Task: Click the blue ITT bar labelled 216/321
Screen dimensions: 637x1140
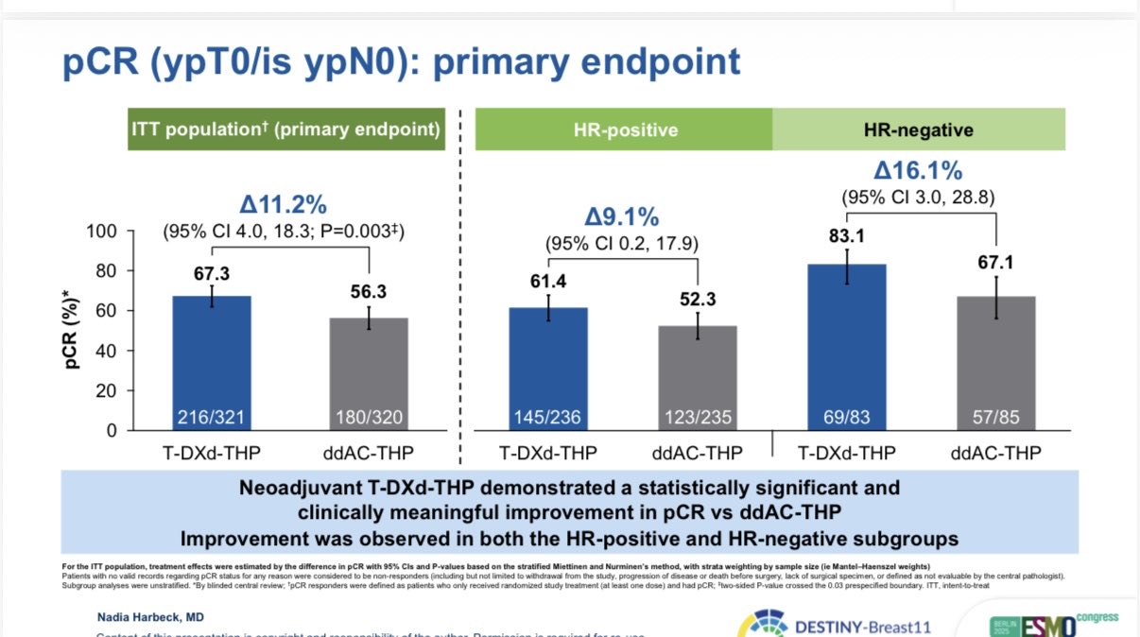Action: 212,363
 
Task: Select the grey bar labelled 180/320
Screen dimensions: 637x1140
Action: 369,373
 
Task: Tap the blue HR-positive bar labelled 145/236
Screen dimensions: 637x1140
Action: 548,369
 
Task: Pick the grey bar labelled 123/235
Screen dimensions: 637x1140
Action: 698,378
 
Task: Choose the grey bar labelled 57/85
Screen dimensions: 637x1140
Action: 996,363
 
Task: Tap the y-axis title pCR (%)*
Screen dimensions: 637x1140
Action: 75,331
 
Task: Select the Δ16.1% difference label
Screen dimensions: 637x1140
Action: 917,172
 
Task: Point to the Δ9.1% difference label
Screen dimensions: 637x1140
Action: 621,217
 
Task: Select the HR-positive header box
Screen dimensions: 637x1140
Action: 624,129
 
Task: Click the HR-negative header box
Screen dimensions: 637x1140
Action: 919,129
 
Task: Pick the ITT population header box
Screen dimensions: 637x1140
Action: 287,129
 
